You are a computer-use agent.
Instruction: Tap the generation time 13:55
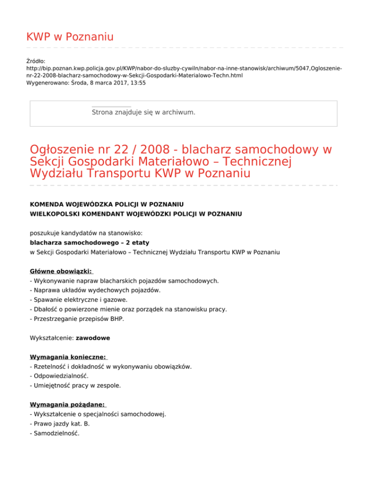click(x=137, y=83)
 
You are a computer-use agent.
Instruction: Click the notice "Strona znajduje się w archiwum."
click(x=144, y=112)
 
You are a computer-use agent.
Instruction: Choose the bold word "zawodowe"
click(x=92, y=338)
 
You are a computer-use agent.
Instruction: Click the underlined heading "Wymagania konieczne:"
click(x=68, y=357)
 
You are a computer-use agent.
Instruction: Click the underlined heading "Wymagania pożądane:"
click(x=67, y=405)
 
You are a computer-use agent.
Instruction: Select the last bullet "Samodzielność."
click(x=55, y=433)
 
